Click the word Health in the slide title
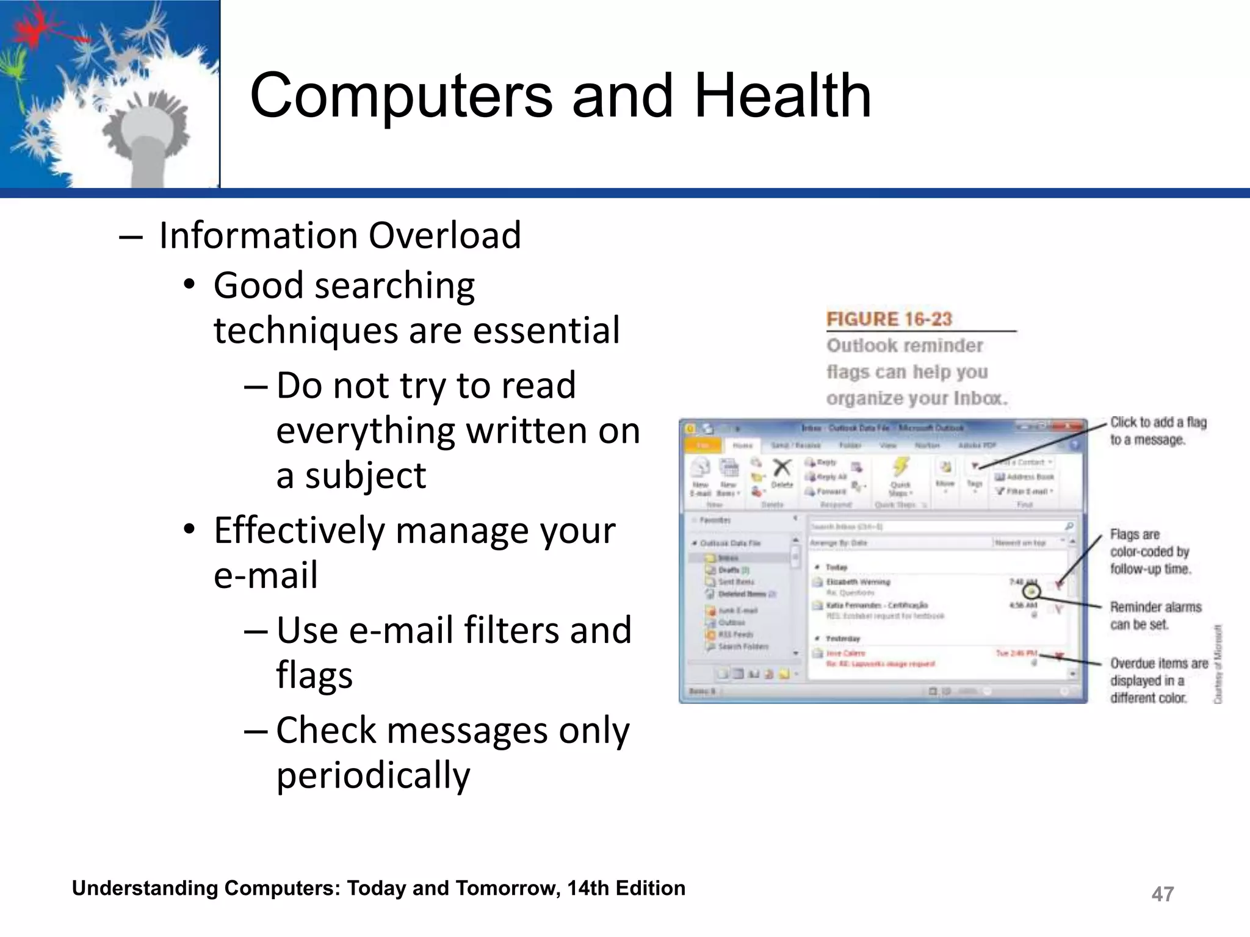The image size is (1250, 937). point(782,96)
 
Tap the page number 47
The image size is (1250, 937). point(1162,894)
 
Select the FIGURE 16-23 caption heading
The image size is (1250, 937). point(889,319)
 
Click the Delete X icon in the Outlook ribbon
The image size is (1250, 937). point(782,468)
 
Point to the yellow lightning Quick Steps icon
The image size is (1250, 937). point(900,467)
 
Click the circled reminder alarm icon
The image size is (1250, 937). point(1031,591)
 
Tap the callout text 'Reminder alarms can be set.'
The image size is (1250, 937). point(1155,615)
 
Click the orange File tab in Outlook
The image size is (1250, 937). point(703,445)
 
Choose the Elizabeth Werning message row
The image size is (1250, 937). point(858,582)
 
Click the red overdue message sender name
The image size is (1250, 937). point(845,653)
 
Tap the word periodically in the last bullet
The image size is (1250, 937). point(373,776)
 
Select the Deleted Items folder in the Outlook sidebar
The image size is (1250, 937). point(742,594)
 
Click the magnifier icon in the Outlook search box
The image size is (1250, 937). point(1069,526)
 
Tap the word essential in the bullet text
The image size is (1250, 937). point(546,331)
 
